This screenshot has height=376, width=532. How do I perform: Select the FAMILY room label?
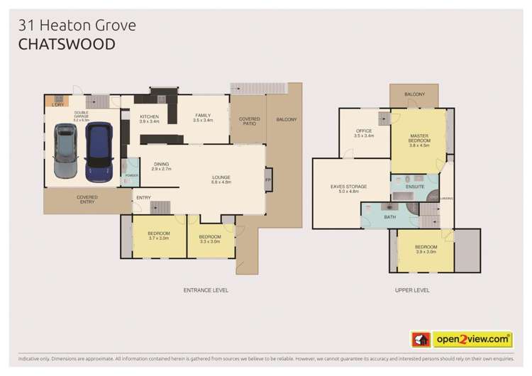tap(203, 117)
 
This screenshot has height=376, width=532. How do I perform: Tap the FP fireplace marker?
tap(267, 179)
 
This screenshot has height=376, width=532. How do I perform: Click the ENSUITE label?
tap(415, 187)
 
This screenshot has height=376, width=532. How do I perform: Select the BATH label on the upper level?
tap(389, 218)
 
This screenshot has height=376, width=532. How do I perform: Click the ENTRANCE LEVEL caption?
tap(206, 290)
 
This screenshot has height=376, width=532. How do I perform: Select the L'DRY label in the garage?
tap(58, 105)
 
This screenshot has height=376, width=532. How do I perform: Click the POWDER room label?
tap(131, 175)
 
